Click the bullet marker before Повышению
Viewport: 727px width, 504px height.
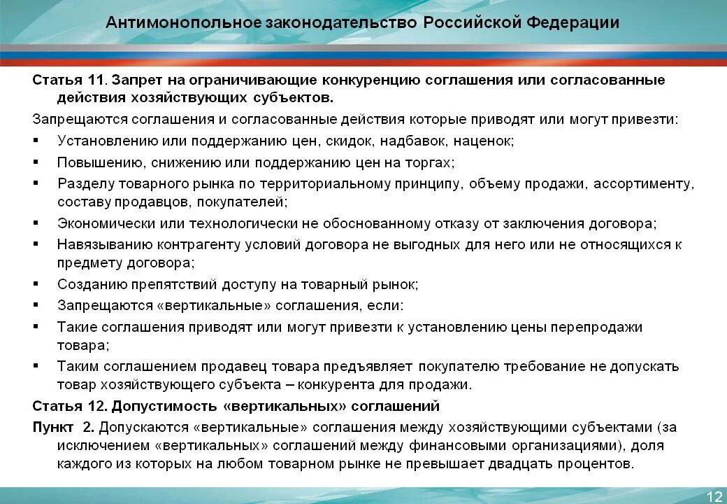pyautogui.click(x=36, y=162)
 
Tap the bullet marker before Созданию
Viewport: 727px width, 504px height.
pyautogui.click(x=36, y=285)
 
